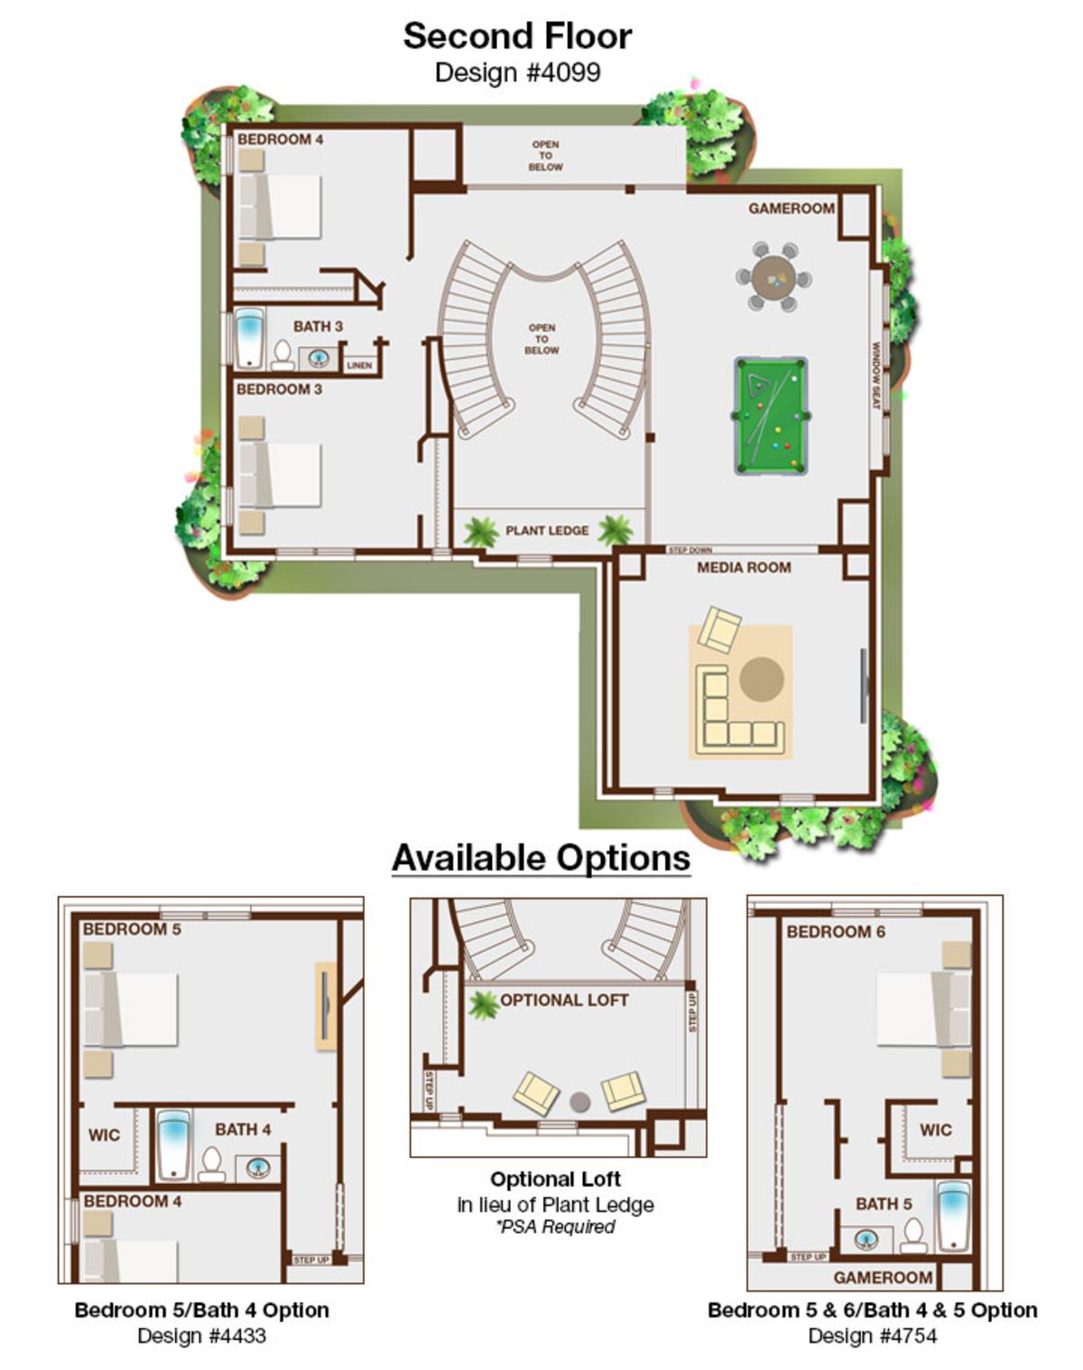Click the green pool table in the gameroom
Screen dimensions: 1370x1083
(x=770, y=416)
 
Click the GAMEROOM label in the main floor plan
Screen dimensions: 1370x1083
(x=791, y=209)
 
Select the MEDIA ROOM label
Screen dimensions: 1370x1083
(x=744, y=567)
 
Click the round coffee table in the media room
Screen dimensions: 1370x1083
(x=762, y=678)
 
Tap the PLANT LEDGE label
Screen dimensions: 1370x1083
(x=547, y=530)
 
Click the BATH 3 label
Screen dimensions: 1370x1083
(x=318, y=326)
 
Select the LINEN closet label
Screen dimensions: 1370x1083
(x=359, y=366)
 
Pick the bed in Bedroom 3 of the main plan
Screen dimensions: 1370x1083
(x=280, y=474)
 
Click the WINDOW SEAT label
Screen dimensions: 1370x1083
(x=875, y=375)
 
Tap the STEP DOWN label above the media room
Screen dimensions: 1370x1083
(x=690, y=550)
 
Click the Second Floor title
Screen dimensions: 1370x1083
(x=517, y=36)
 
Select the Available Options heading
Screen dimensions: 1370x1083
(x=541, y=857)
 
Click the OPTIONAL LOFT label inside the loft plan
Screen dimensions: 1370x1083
(x=564, y=1000)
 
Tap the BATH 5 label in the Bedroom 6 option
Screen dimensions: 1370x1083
(x=884, y=1204)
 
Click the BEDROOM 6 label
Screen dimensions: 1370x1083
(x=836, y=931)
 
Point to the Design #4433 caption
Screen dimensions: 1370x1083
(x=201, y=1336)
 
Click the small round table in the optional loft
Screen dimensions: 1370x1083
(x=580, y=1103)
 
